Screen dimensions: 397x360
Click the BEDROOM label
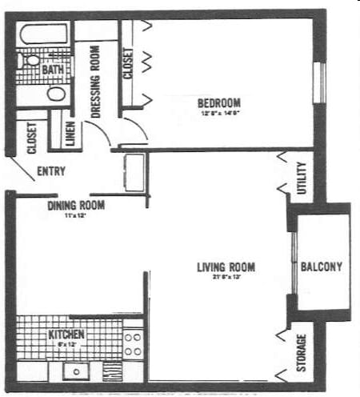click(218, 102)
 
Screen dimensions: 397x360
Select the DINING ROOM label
click(76, 205)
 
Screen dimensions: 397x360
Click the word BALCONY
click(322, 267)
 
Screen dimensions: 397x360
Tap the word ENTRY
click(51, 171)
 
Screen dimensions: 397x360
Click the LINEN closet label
click(69, 133)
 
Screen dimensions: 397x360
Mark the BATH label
click(53, 70)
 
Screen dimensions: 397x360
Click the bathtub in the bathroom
click(44, 35)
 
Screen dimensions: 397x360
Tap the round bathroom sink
click(56, 94)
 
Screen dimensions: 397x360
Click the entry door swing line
click(23, 169)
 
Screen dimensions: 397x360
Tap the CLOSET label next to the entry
click(32, 137)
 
